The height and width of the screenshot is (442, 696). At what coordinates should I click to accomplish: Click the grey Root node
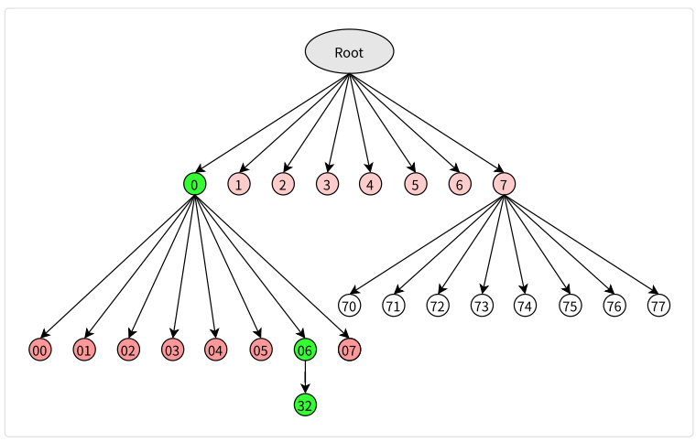click(349, 51)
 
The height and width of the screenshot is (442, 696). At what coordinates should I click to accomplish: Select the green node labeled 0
click(195, 184)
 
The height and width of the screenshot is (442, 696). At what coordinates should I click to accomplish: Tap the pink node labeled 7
click(504, 184)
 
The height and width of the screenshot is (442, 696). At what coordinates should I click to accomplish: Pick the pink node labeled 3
click(328, 184)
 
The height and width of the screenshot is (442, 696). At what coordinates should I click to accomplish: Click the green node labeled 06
click(305, 350)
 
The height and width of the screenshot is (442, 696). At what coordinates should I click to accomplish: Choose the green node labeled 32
click(305, 404)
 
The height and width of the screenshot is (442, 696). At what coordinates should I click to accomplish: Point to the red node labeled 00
click(40, 350)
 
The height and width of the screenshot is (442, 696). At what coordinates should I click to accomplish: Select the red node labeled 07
click(349, 350)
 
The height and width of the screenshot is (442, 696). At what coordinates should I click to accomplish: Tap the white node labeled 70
click(349, 306)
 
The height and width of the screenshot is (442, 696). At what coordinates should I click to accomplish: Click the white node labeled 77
click(658, 306)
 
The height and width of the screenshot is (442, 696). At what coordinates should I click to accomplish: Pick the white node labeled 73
click(482, 306)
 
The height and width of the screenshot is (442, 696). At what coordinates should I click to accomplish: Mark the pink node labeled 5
click(416, 184)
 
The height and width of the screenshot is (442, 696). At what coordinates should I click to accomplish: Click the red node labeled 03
click(173, 350)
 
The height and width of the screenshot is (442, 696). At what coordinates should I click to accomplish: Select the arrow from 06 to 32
click(305, 377)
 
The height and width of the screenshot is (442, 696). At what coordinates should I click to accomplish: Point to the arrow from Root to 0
click(272, 123)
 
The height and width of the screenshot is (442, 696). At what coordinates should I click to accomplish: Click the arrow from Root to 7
click(427, 123)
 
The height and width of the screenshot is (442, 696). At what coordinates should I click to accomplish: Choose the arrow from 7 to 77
click(581, 244)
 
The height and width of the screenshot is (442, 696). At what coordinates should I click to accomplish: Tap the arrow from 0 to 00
click(117, 267)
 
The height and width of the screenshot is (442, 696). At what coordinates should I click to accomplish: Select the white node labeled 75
click(571, 306)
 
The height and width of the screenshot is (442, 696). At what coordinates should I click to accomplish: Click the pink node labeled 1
click(239, 184)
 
